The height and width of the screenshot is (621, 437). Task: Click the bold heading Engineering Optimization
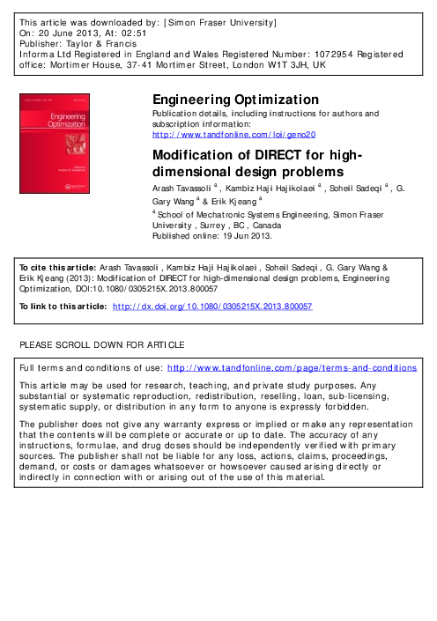click(236, 100)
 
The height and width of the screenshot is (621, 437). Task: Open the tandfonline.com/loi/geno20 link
click(227, 135)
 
